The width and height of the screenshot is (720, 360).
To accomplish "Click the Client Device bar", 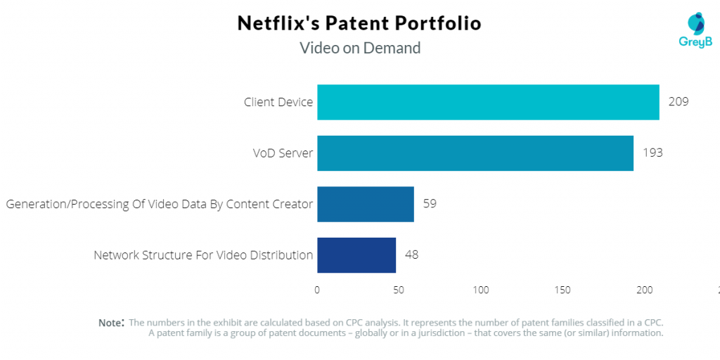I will coord(488,102).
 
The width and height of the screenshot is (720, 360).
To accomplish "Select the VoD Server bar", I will coord(475,153).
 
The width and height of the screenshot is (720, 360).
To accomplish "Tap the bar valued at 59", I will coord(366,204).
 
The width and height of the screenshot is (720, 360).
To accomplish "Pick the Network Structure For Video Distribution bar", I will coord(356,255).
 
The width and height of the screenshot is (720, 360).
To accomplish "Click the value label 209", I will coord(679,102).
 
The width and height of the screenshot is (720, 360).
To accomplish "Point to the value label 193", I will coord(652,153).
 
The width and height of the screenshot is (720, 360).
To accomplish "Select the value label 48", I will coord(411,255).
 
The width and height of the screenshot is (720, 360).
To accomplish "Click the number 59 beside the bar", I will coord(430,204).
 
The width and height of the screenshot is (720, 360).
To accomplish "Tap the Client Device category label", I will coord(278,102).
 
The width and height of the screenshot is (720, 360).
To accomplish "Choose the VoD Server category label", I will coord(283,153).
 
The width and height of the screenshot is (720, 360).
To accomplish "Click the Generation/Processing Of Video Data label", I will coord(160,204).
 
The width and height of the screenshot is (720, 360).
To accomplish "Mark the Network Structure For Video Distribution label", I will coord(203,255).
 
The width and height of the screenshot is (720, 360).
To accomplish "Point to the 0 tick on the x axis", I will coord(317,290).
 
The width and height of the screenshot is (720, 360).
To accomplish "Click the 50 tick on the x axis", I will coord(399,290).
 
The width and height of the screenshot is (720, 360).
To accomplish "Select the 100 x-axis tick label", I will coord(481,290).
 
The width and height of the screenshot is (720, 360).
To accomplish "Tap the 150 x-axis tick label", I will coord(562,290).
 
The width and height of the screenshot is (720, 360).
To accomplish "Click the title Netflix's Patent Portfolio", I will coord(359,23).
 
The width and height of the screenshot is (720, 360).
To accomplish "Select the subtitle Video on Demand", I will coord(360,48).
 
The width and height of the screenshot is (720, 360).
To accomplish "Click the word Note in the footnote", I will coord(110,323).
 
